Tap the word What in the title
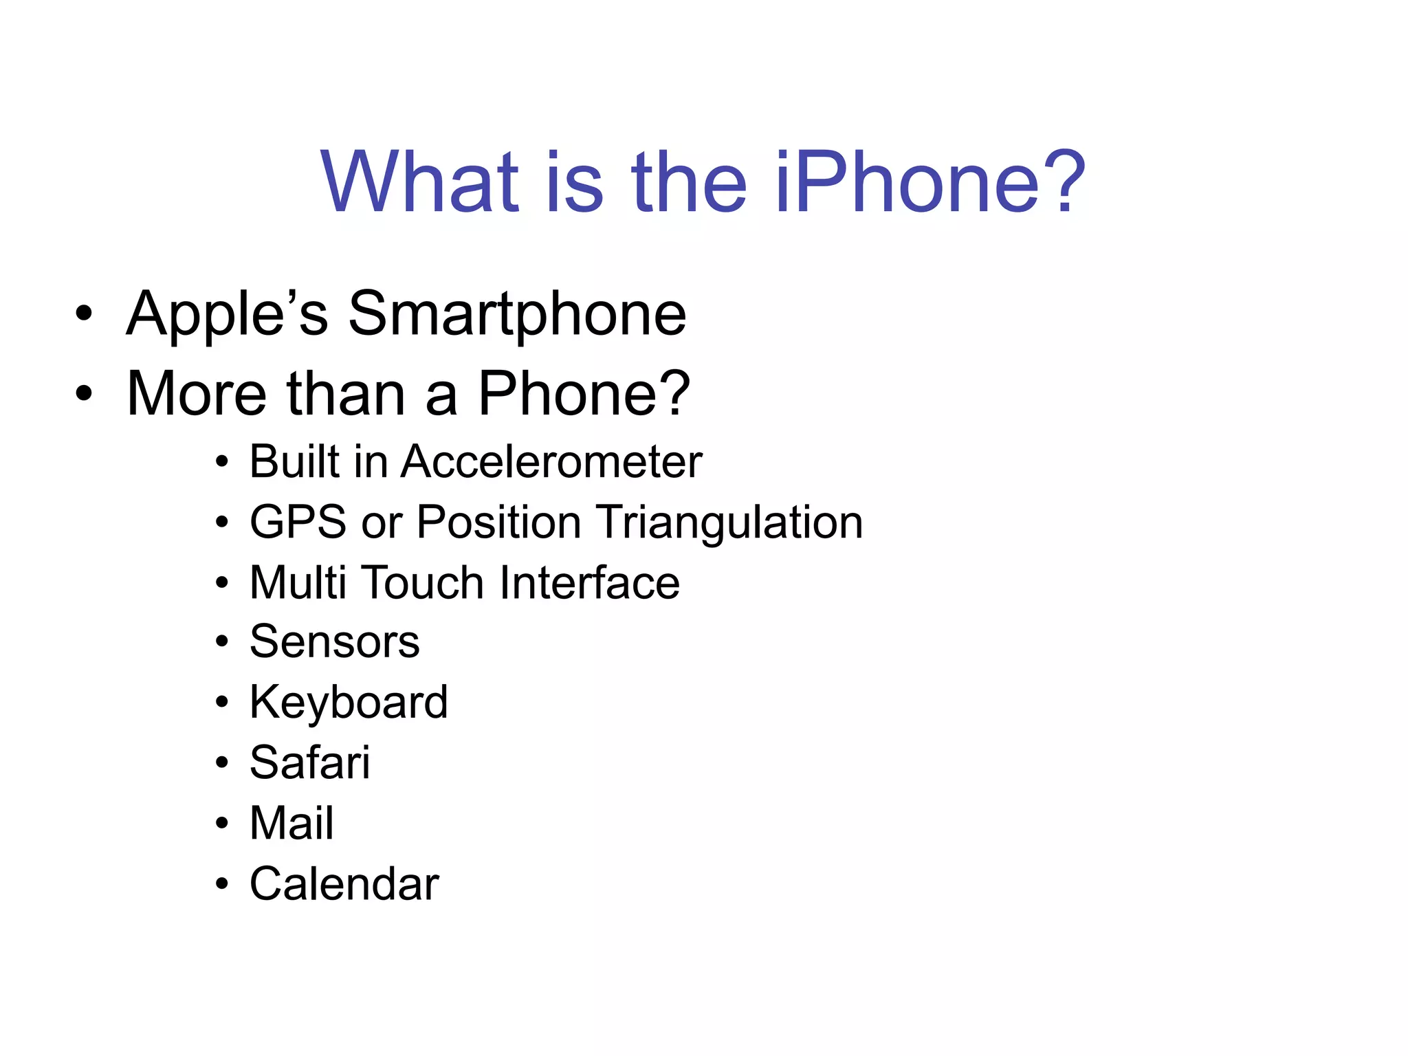pyautogui.click(x=420, y=182)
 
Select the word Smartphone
pyautogui.click(x=517, y=315)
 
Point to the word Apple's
pyautogui.click(x=227, y=315)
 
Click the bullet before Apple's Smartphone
pyautogui.click(x=84, y=315)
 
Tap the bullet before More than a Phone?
pyautogui.click(x=84, y=394)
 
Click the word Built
pyautogui.click(x=294, y=461)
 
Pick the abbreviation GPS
pyautogui.click(x=298, y=522)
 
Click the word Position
pyautogui.click(x=499, y=522)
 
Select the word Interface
pyautogui.click(x=590, y=582)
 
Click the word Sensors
pyautogui.click(x=334, y=642)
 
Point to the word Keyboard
pyautogui.click(x=349, y=703)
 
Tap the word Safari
pyautogui.click(x=309, y=762)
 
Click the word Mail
pyautogui.click(x=291, y=823)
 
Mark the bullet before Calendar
pyautogui.click(x=221, y=884)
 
